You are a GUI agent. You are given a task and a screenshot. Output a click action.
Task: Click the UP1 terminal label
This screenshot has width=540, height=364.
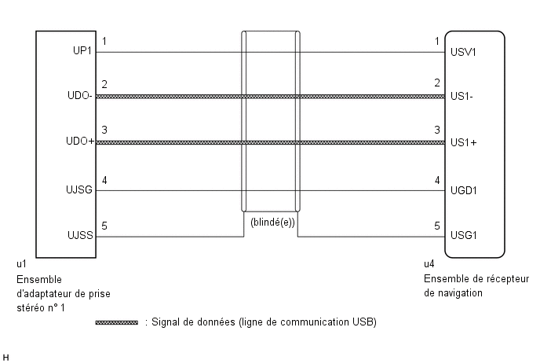point(82,51)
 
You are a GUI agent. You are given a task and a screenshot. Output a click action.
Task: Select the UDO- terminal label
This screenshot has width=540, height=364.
point(80,96)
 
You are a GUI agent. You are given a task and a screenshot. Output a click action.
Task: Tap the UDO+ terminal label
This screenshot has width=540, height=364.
point(80,141)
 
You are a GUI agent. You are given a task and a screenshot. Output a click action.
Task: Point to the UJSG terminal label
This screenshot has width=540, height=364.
point(79,189)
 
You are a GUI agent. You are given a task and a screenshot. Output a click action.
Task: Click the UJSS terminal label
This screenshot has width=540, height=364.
point(80,235)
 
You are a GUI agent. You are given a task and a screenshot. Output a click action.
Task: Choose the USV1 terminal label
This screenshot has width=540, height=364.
point(463,52)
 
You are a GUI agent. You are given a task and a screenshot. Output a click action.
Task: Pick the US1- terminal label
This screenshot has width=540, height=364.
point(462,96)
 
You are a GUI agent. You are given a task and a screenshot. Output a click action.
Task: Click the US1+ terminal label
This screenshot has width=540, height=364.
point(464,142)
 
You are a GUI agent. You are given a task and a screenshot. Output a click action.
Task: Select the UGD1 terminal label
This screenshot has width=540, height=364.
point(464,190)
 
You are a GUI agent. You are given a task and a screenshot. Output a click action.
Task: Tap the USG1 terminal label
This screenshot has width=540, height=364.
point(464,235)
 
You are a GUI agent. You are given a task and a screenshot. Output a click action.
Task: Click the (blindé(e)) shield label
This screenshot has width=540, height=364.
point(273,222)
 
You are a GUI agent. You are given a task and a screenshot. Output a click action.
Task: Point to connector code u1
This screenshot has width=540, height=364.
point(21,264)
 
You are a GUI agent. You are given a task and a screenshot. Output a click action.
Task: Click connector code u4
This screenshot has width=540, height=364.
point(429,264)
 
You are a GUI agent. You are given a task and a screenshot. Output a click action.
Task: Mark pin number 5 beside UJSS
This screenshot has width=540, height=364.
point(104,226)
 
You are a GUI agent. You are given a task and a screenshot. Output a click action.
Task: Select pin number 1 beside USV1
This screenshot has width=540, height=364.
point(437,42)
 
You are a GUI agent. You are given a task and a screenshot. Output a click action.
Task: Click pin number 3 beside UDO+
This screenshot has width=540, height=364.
point(104,130)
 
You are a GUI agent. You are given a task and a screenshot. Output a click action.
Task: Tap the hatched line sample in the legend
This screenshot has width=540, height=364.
point(116,322)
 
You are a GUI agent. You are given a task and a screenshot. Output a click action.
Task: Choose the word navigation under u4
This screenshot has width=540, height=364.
point(460,293)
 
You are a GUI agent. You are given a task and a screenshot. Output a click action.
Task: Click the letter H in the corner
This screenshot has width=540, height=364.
point(5,358)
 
